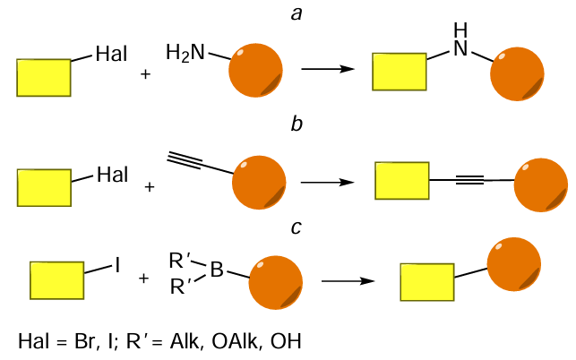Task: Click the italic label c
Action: (x=296, y=227)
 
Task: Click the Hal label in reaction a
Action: (x=111, y=56)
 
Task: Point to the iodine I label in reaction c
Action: (x=117, y=265)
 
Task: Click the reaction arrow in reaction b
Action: (x=330, y=181)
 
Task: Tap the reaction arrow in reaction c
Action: (x=348, y=281)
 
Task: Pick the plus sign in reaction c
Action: (x=143, y=279)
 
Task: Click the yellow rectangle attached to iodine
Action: (x=57, y=279)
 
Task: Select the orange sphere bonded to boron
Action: (x=274, y=285)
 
